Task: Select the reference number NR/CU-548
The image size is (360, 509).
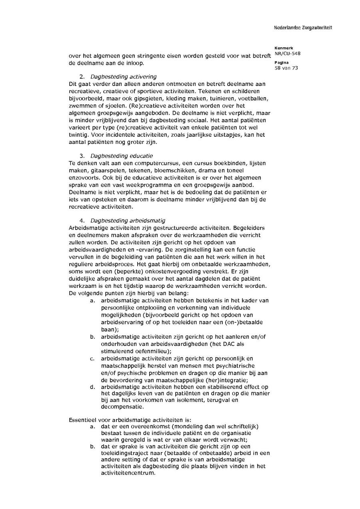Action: (x=288, y=54)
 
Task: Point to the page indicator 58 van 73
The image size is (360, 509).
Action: (x=286, y=68)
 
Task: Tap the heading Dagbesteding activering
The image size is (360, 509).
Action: (x=123, y=76)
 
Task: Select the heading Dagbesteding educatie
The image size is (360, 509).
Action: (x=122, y=156)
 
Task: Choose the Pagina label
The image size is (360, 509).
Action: (x=279, y=63)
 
